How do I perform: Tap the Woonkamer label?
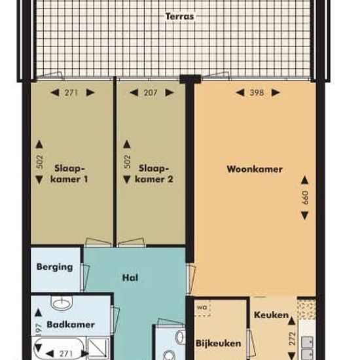255,169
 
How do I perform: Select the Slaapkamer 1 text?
71,173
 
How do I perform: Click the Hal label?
130,277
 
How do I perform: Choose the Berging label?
55,267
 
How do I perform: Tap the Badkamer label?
71,325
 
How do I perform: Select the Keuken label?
271,315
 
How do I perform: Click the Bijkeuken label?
219,343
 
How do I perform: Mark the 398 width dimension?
257,93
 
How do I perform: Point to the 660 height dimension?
304,198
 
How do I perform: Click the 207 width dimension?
151,93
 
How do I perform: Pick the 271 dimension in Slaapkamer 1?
71,93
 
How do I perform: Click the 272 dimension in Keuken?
292,339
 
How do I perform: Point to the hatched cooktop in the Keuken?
306,307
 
